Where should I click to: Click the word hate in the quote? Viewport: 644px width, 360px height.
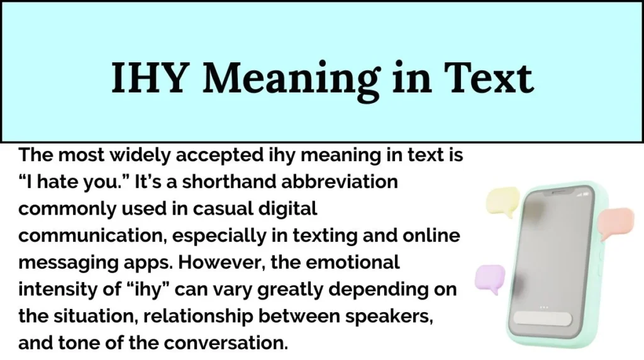[58, 183]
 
